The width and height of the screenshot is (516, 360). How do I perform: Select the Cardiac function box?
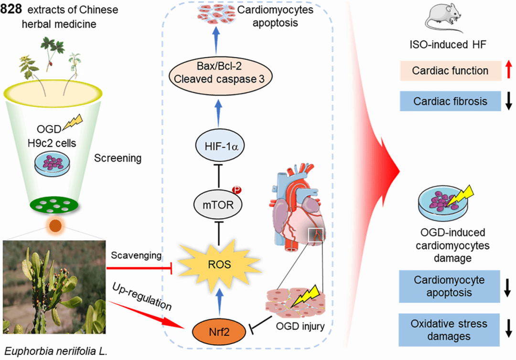[x=451, y=71]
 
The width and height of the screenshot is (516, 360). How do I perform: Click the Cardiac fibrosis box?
[x=451, y=101]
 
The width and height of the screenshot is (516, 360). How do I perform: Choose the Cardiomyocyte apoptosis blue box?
[x=451, y=286]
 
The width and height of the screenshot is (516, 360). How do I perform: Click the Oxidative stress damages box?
[x=451, y=330]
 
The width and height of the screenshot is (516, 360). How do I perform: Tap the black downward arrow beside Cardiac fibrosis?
[x=508, y=101]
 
